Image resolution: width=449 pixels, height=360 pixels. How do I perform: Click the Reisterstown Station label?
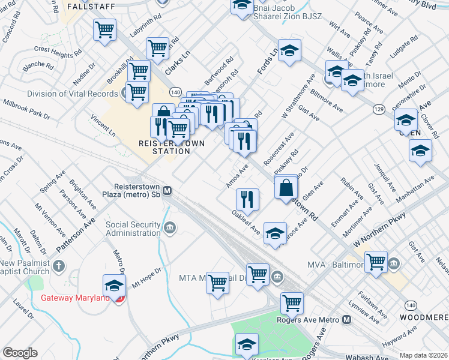(x=164, y=147)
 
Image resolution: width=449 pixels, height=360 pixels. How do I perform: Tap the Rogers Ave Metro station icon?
(x=347, y=320)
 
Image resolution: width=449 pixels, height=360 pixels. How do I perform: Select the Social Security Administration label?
(x=133, y=229)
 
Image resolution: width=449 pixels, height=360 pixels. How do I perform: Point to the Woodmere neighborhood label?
(x=426, y=317)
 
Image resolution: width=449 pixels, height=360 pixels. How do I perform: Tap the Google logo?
(x=20, y=353)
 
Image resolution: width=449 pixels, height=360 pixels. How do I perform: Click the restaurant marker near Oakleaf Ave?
(x=247, y=198)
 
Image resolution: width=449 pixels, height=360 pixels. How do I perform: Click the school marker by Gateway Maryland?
(x=114, y=286)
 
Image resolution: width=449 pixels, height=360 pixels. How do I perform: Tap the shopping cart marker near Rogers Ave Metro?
(x=292, y=303)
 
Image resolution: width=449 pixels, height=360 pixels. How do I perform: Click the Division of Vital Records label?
(x=73, y=94)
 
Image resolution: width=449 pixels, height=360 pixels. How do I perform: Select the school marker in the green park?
(x=246, y=345)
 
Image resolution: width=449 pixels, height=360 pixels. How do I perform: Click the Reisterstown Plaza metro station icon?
(x=167, y=190)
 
